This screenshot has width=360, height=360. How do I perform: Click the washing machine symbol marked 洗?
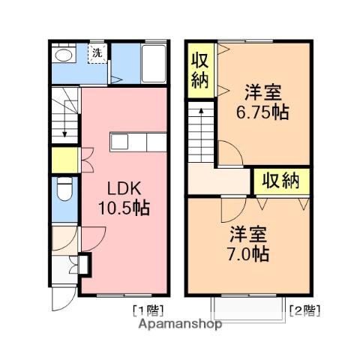[x=97, y=53]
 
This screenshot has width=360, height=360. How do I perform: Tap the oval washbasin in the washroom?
[x=61, y=55]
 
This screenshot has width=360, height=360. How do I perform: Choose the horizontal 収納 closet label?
[x=281, y=180]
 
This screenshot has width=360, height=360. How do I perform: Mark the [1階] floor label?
[x=148, y=309]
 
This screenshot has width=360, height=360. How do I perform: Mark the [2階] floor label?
[x=306, y=309]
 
